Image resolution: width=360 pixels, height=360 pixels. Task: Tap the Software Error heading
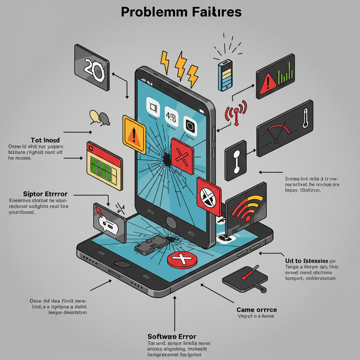coord(172,336)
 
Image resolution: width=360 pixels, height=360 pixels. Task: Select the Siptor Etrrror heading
coord(45,194)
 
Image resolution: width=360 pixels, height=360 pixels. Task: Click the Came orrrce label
coord(257,310)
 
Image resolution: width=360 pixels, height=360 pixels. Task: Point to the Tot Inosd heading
coord(45,140)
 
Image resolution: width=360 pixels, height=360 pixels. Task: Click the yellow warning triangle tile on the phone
coord(134,134)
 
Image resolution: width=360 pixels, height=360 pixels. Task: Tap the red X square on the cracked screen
coord(182,156)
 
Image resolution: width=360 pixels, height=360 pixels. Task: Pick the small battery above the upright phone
coord(225,75)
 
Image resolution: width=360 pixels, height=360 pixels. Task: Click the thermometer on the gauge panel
coord(305,118)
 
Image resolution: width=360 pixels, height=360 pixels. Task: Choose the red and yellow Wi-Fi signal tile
coord(246,207)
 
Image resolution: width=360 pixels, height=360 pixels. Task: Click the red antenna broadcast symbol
coord(236,112)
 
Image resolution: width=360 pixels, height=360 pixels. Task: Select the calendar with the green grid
coord(104,164)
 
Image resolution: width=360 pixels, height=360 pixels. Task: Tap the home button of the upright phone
coord(171,223)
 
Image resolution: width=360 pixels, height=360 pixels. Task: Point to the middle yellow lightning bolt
coord(181,65)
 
